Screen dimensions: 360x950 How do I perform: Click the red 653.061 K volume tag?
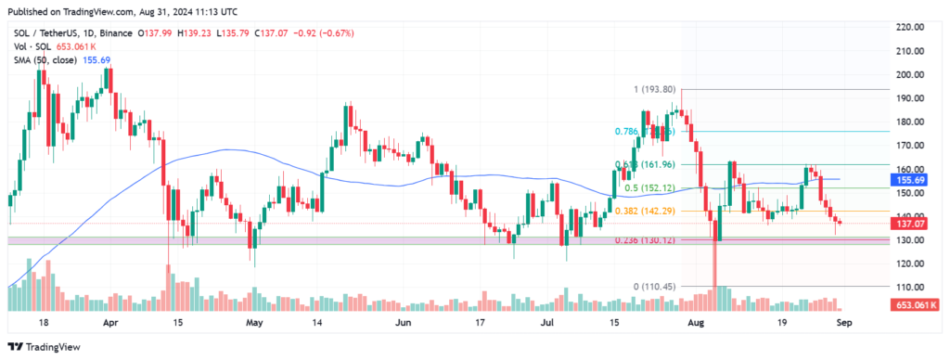[x=914, y=304]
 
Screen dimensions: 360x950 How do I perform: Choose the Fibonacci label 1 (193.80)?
[x=655, y=90]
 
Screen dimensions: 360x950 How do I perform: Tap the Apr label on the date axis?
[x=110, y=325]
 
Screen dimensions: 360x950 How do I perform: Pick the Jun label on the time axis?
[x=403, y=325]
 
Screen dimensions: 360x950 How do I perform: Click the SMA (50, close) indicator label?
[x=47, y=58]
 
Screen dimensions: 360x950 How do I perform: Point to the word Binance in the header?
[x=115, y=32]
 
